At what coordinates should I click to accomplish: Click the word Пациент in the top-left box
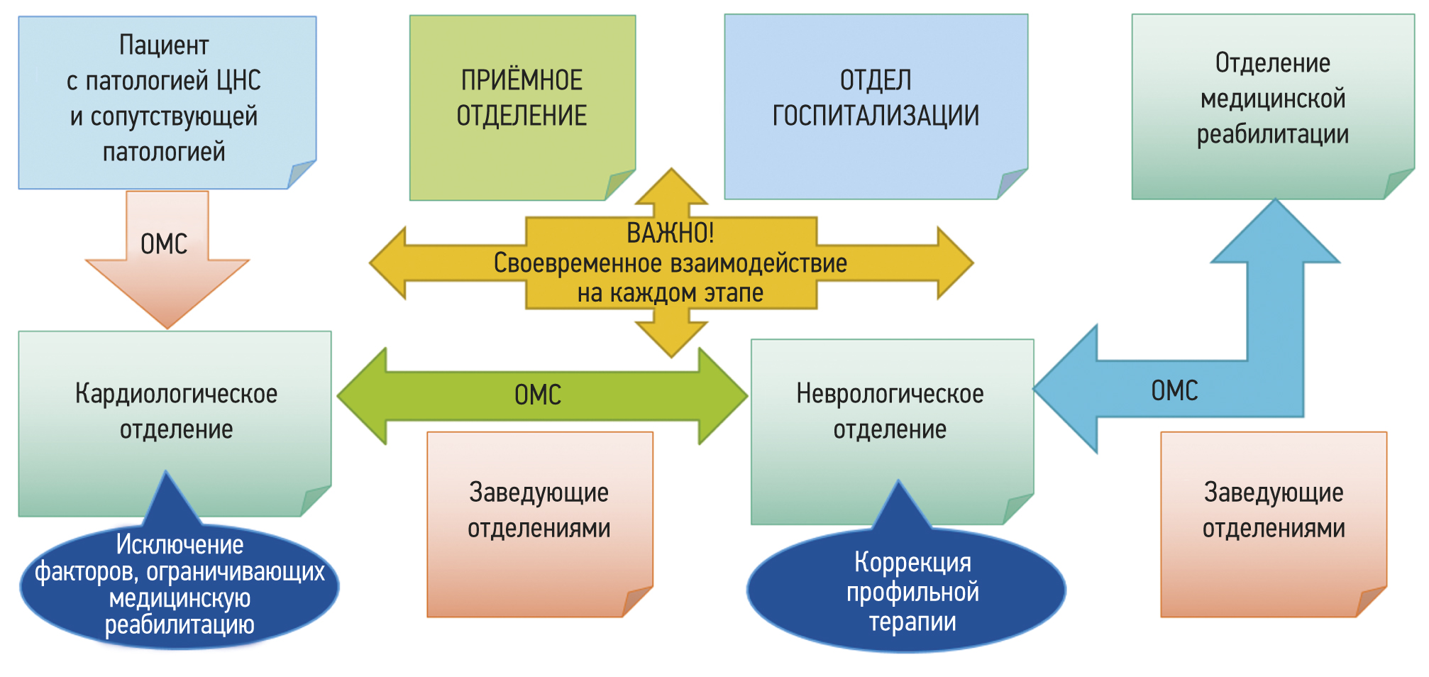coord(164,45)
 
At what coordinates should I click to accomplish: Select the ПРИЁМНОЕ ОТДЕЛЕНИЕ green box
coord(522,106)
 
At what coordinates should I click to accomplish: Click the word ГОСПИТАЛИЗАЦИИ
coord(876,116)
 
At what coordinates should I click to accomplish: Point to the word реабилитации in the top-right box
coord(1272,134)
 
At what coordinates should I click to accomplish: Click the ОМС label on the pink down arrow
coord(164,244)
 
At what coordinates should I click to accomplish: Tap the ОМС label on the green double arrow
coord(538,395)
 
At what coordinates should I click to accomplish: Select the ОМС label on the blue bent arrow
coord(1174,390)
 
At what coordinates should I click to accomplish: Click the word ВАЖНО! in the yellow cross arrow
coord(671,233)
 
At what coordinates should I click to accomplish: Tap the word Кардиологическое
coord(176,394)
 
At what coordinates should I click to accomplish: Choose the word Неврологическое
coord(890,394)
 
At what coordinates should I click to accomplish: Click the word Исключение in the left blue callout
coord(180,544)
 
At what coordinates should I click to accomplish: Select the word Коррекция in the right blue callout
coord(912,562)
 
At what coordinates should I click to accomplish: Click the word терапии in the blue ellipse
coord(912,622)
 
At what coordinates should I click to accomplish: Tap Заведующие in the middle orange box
coord(539,492)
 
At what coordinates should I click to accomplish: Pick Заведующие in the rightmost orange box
coord(1274,492)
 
